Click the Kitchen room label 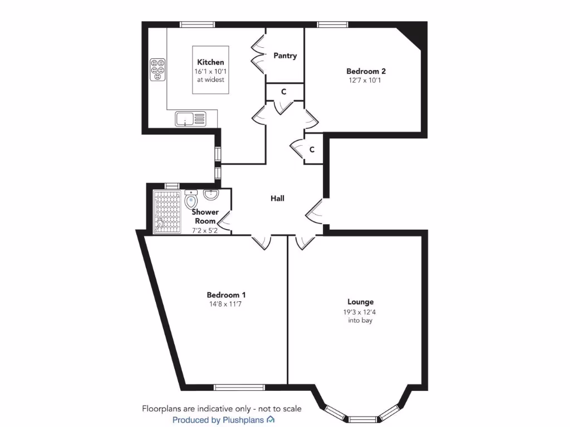[210, 62]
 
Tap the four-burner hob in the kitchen [158, 70]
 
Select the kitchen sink [190, 118]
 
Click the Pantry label [285, 56]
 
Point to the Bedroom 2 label [366, 71]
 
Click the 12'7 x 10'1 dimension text [366, 80]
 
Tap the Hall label [277, 198]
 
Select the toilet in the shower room [191, 200]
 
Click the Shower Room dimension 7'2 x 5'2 [205, 230]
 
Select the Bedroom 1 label [226, 295]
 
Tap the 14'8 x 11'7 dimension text [226, 304]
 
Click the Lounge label [361, 302]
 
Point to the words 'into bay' [361, 320]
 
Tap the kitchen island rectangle [210, 71]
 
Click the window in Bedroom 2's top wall [333, 24]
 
